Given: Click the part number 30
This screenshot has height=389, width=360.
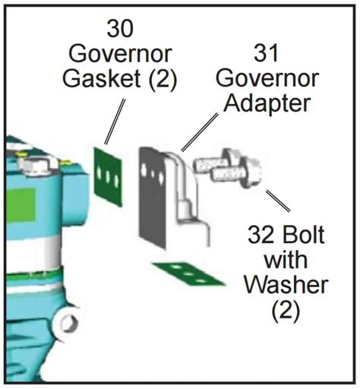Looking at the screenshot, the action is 120,28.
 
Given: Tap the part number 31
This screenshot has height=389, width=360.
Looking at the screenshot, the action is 266,53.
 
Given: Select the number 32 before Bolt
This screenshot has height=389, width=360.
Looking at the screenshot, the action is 261,235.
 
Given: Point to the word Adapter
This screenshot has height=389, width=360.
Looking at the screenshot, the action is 267,103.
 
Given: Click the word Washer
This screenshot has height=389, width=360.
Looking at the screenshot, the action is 286,284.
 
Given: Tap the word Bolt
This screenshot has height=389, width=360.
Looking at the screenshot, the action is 303,235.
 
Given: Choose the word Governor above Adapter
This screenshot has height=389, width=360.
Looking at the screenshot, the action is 267,78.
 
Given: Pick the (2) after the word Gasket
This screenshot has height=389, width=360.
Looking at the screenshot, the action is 163,79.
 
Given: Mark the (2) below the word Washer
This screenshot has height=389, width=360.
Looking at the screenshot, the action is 286,310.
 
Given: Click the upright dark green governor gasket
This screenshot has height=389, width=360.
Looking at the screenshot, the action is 108,177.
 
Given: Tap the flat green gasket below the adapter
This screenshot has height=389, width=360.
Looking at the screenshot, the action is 188,274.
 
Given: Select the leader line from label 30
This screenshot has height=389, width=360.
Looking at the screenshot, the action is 115,122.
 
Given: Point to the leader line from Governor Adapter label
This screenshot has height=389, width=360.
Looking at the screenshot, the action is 200,132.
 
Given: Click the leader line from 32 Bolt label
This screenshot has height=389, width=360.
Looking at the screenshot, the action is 278,201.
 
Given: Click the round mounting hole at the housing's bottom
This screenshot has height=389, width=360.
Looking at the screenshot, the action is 68,323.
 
